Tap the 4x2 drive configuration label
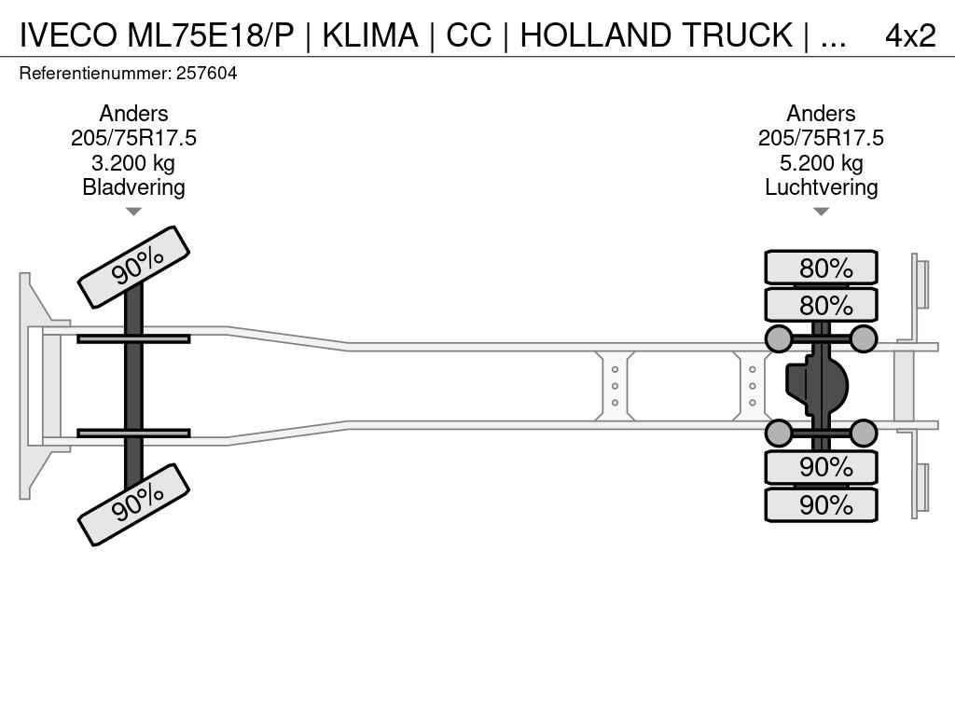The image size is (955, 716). point(909,35)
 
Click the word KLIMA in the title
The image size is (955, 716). point(370,35)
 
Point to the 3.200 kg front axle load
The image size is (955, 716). point(133,163)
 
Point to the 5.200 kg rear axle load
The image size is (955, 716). point(821,163)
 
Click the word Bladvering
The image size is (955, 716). point(133,187)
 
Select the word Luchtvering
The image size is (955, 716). point(821,187)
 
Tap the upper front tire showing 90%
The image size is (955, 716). point(133,267)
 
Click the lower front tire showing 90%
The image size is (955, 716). point(133,503)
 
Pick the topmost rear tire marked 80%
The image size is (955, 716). point(821,268)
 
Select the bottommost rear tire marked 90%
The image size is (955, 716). point(821,504)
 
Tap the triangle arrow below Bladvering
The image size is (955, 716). point(133,212)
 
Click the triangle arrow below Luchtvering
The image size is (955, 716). point(821,212)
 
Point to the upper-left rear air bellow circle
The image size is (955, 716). point(779,338)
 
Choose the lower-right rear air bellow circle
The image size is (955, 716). point(864,433)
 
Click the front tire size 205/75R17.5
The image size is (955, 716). point(133,138)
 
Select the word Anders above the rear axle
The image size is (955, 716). point(821,114)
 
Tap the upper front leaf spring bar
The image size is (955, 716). point(133,338)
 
